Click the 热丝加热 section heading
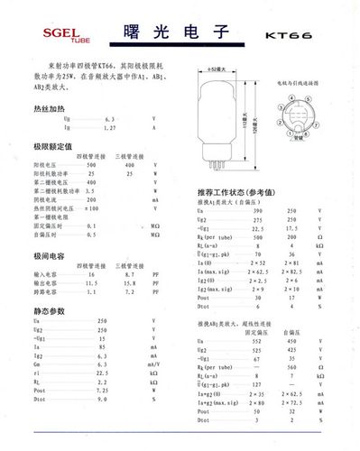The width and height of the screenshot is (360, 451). [50, 106]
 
